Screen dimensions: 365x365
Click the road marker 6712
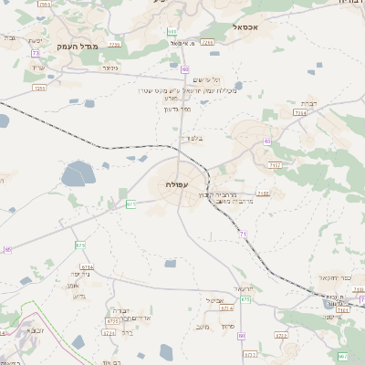[281, 335]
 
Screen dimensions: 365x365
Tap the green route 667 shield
[343, 356]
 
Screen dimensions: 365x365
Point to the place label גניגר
[109, 67]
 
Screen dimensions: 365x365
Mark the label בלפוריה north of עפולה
[191, 139]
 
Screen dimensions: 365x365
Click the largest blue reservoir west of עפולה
[77, 173]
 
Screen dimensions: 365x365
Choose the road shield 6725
[113, 321]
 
